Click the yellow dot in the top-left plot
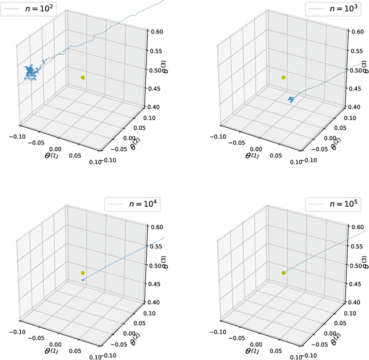83,77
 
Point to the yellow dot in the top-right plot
283,77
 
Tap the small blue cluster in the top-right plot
292,100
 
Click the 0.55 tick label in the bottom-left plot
156,247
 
